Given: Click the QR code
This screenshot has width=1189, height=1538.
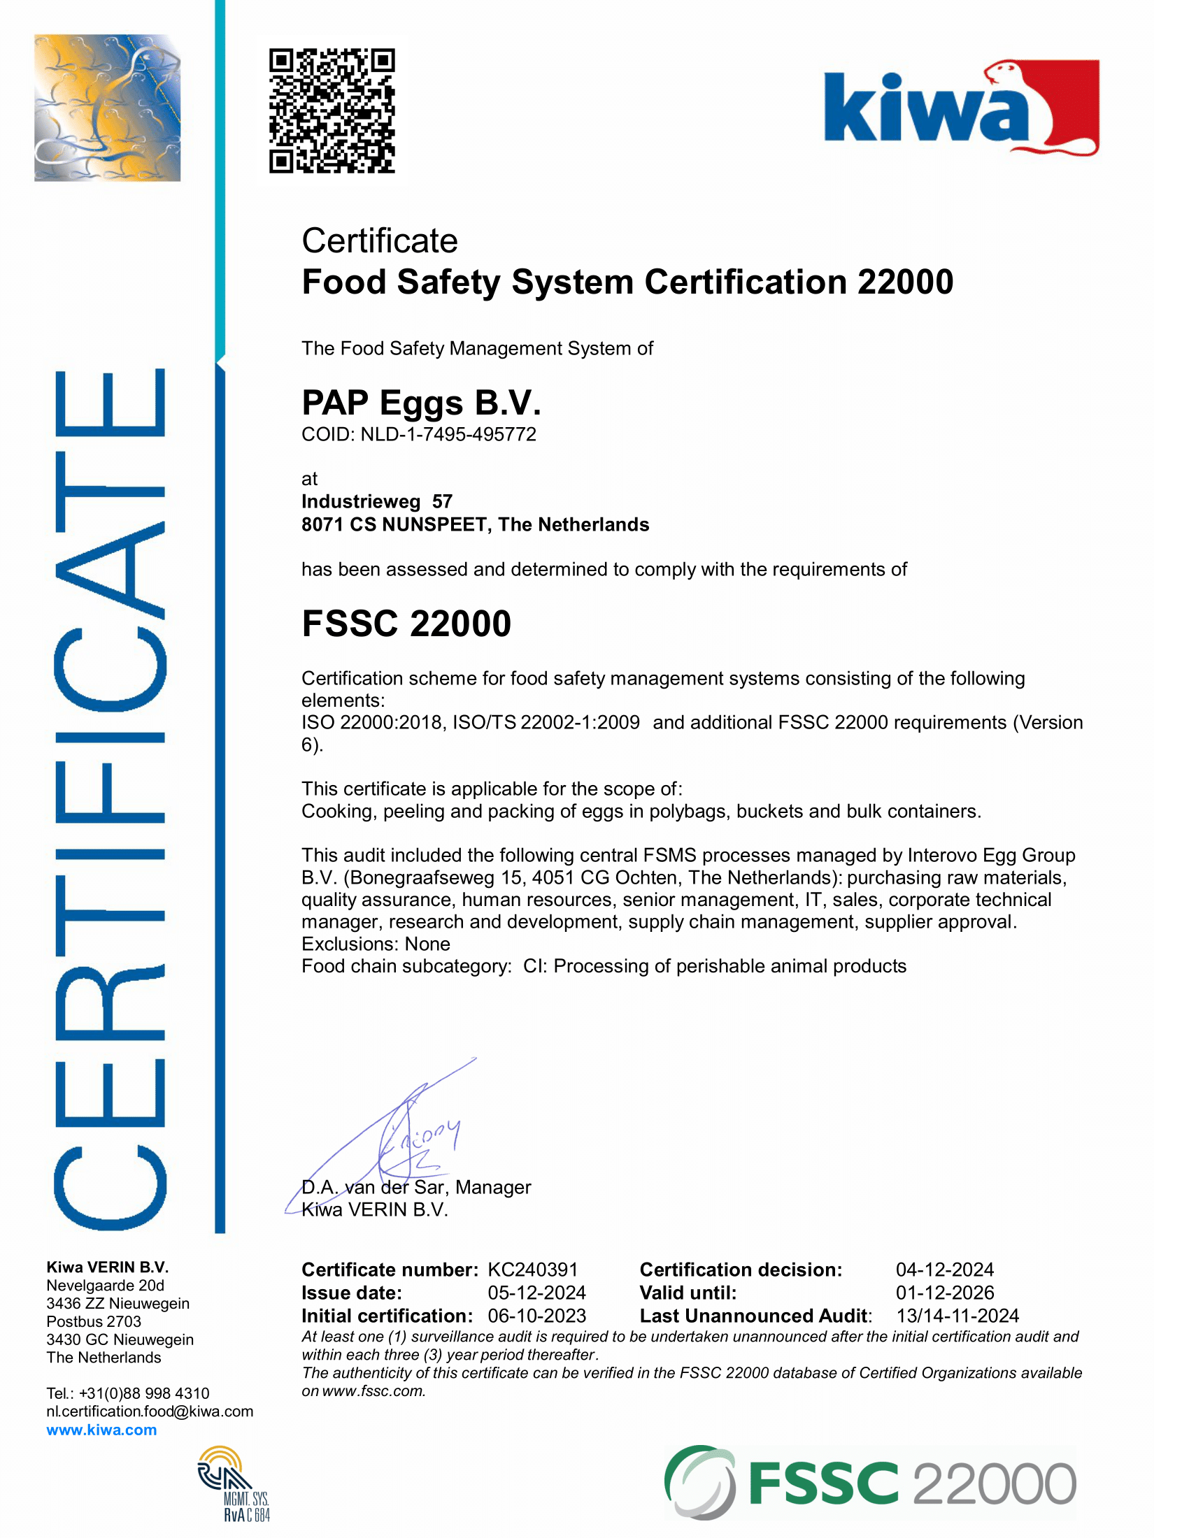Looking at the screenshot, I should coord(332,110).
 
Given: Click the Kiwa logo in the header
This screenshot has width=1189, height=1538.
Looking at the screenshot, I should coord(961,108).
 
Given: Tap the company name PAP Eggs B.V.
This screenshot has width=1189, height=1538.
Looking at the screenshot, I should coord(421,403).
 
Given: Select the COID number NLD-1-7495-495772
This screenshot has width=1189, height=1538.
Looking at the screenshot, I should coord(448,435).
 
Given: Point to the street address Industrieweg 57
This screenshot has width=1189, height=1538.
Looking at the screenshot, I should coord(377,501).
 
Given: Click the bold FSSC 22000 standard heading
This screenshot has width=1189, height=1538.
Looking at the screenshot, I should coord(406,624).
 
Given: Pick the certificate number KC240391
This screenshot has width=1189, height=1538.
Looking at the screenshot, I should coord(532,1270).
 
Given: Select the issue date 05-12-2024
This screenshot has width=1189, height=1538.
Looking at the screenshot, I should coord(536,1293).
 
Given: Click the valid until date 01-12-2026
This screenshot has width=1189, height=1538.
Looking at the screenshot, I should coord(945,1293).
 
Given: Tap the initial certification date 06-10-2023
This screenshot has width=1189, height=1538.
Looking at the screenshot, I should coord(536,1316).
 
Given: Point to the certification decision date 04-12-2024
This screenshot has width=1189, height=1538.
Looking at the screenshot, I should coord(945,1270).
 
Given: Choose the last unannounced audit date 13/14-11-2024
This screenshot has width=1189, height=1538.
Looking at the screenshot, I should coord(957,1316).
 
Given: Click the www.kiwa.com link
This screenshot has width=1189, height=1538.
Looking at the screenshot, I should coord(101,1430).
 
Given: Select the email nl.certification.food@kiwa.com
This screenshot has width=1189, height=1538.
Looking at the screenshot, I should coord(150,1411).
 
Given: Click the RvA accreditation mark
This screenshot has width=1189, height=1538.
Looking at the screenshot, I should coord(232,1483).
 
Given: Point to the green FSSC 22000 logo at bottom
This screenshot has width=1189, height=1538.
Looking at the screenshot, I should coord(870,1483).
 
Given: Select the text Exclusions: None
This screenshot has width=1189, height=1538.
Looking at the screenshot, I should coord(376,944).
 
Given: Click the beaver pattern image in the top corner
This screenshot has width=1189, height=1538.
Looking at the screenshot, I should coord(107,108).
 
